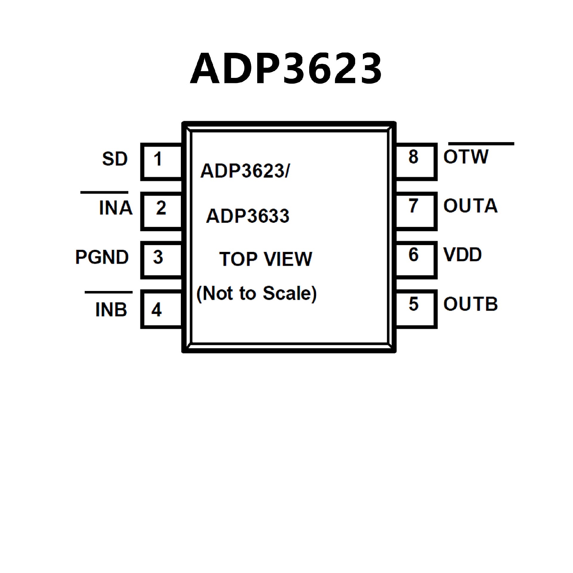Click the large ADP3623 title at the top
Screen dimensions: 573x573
[x=286, y=69]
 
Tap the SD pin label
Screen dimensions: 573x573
[x=115, y=159]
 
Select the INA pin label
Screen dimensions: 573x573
[x=115, y=208]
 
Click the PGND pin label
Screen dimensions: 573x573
[x=102, y=257]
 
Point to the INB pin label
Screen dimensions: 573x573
[x=111, y=309]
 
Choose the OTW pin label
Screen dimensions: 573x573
[x=466, y=157]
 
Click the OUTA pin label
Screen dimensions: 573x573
[x=470, y=206]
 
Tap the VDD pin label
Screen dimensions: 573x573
[x=463, y=255]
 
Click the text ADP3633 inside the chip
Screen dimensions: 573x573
[x=247, y=216]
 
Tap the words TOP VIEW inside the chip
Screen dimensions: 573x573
[x=265, y=259]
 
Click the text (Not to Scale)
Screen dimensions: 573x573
[x=256, y=294]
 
